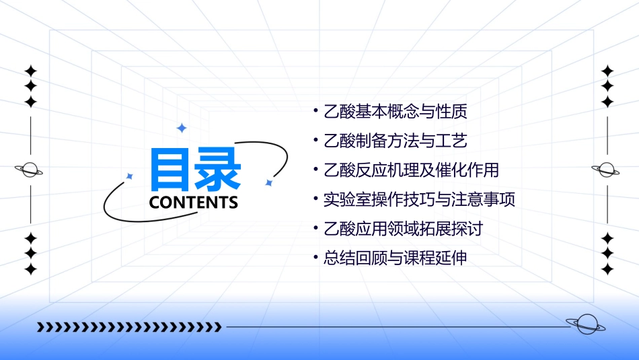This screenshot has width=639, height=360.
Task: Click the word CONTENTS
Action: (x=194, y=202)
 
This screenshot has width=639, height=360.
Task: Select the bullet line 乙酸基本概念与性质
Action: (x=395, y=111)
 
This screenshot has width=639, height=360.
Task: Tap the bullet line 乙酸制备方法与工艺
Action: (x=395, y=141)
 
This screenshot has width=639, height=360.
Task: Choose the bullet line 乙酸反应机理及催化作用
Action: (x=411, y=170)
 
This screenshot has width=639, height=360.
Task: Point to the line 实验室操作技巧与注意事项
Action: (x=419, y=199)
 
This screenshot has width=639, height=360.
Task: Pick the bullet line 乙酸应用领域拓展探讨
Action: (x=403, y=229)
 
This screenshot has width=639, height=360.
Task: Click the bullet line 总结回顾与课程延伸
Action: (x=395, y=258)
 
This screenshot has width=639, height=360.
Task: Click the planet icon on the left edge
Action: (x=30, y=170)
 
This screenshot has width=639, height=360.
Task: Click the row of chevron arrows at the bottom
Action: (x=129, y=328)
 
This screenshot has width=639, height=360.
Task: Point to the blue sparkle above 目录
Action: (x=181, y=128)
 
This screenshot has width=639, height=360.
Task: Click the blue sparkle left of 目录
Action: (x=130, y=176)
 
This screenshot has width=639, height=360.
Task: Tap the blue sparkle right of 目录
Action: (x=268, y=183)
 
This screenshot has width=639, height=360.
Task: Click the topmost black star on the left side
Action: (x=30, y=71)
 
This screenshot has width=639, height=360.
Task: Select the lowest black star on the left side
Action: (x=30, y=269)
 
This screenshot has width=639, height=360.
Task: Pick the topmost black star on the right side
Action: (x=607, y=71)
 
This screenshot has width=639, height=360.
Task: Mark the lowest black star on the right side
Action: (x=607, y=269)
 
